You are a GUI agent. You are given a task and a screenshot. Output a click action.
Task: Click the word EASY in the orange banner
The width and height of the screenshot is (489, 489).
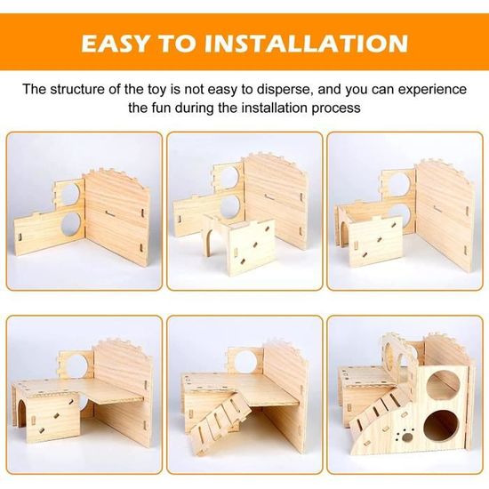click(x=124, y=43)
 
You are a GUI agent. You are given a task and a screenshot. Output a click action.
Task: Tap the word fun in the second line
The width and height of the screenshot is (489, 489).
click(x=169, y=108)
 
